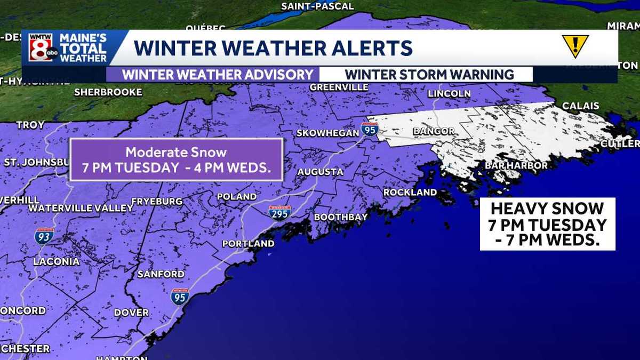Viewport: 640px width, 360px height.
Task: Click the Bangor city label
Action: [x=434, y=131]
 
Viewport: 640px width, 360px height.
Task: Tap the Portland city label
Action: [x=248, y=244]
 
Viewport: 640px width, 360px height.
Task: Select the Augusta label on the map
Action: [x=320, y=172]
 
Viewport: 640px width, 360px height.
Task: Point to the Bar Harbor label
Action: [x=516, y=166]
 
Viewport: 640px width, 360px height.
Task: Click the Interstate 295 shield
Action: [x=280, y=213]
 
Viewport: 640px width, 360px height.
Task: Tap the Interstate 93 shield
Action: [x=44, y=236]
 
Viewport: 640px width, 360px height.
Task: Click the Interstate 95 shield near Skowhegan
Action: [x=369, y=129]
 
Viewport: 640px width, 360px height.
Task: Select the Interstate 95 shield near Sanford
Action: [x=180, y=296]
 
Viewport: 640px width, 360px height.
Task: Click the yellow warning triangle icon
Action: [x=575, y=46]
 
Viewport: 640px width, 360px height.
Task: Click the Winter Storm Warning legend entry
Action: [x=429, y=75]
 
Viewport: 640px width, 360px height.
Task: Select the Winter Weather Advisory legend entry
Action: [x=217, y=75]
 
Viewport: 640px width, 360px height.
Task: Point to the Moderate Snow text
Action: [x=176, y=152]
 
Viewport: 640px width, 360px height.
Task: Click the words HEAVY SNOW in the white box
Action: [x=547, y=209]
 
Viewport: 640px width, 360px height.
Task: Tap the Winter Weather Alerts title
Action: [x=273, y=48]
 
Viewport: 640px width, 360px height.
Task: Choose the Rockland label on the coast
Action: [x=410, y=192]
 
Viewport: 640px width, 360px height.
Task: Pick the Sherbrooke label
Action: [x=108, y=92]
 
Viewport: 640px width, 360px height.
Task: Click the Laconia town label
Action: [x=56, y=262]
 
